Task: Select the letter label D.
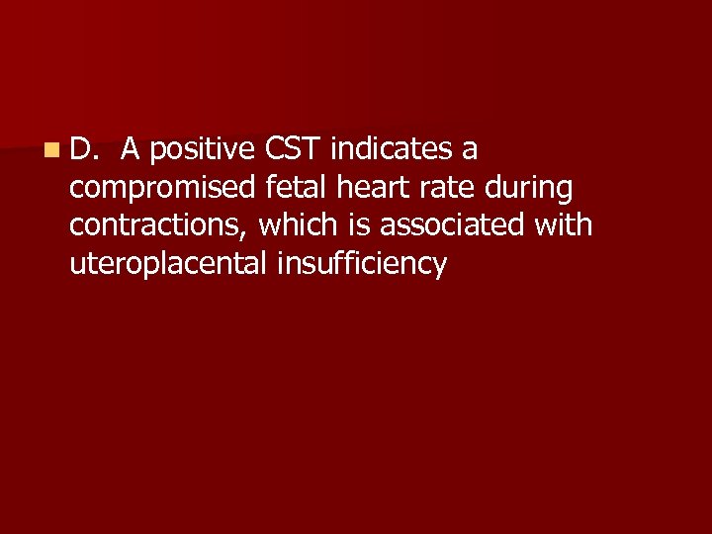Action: point(83,149)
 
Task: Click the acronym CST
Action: point(294,149)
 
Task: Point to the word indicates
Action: point(393,149)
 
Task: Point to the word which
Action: point(298,225)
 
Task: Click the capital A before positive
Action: point(131,149)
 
